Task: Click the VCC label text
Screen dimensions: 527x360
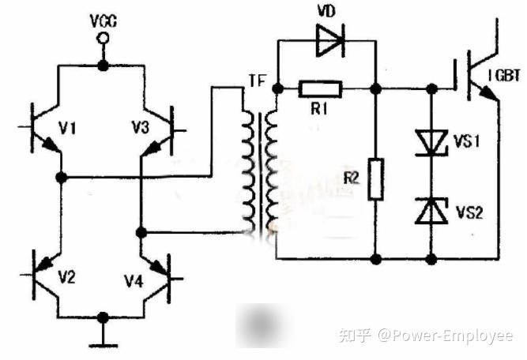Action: [104, 21]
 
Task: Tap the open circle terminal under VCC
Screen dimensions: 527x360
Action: [103, 38]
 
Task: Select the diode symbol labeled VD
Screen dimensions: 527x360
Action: [330, 40]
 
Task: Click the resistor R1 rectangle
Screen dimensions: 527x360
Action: [320, 89]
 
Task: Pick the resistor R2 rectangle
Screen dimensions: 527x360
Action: [376, 180]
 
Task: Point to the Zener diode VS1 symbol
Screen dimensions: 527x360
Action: [431, 143]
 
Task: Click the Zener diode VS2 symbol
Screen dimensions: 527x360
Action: [431, 211]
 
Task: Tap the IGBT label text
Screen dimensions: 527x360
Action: [504, 76]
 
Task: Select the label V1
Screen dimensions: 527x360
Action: [68, 128]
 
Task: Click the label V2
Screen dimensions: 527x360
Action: [67, 277]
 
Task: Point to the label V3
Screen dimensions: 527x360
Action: [140, 128]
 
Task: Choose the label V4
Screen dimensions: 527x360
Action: [134, 281]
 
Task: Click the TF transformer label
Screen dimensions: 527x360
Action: [258, 81]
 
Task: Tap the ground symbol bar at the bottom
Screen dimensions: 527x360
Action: [104, 346]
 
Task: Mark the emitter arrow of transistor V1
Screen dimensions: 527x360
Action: [50, 144]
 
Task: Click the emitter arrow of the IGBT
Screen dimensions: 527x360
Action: [488, 94]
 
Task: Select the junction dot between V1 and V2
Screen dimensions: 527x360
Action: [61, 177]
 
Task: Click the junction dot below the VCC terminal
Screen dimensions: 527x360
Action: [103, 66]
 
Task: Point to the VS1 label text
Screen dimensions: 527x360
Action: [466, 141]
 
